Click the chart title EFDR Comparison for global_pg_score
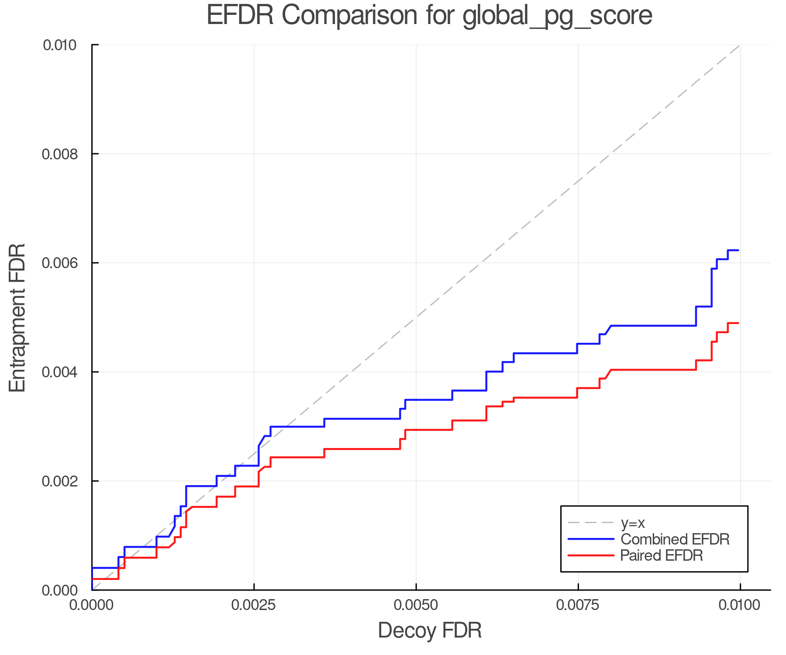click(x=429, y=16)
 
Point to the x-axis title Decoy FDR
click(x=429, y=630)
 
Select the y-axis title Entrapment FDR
click(x=18, y=317)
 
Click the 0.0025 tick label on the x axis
click(x=254, y=605)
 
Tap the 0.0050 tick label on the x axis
click(x=416, y=605)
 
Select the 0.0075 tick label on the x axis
click(x=578, y=605)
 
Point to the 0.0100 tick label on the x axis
click(x=740, y=605)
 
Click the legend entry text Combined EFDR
click(x=675, y=539)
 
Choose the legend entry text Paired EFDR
click(x=662, y=555)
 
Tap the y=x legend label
click(x=633, y=523)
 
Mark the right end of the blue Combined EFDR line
click(x=738, y=250)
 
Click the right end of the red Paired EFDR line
click(x=738, y=323)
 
